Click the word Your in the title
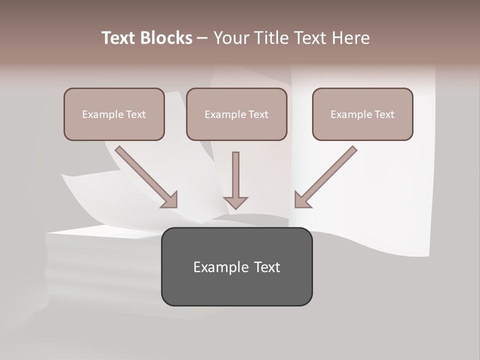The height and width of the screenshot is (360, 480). coord(230,38)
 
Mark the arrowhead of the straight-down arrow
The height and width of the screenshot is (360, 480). coord(235,202)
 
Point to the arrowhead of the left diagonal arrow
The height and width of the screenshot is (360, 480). coord(170,200)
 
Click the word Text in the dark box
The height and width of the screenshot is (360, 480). coord(267,267)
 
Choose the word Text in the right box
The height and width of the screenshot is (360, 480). coord(384,114)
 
